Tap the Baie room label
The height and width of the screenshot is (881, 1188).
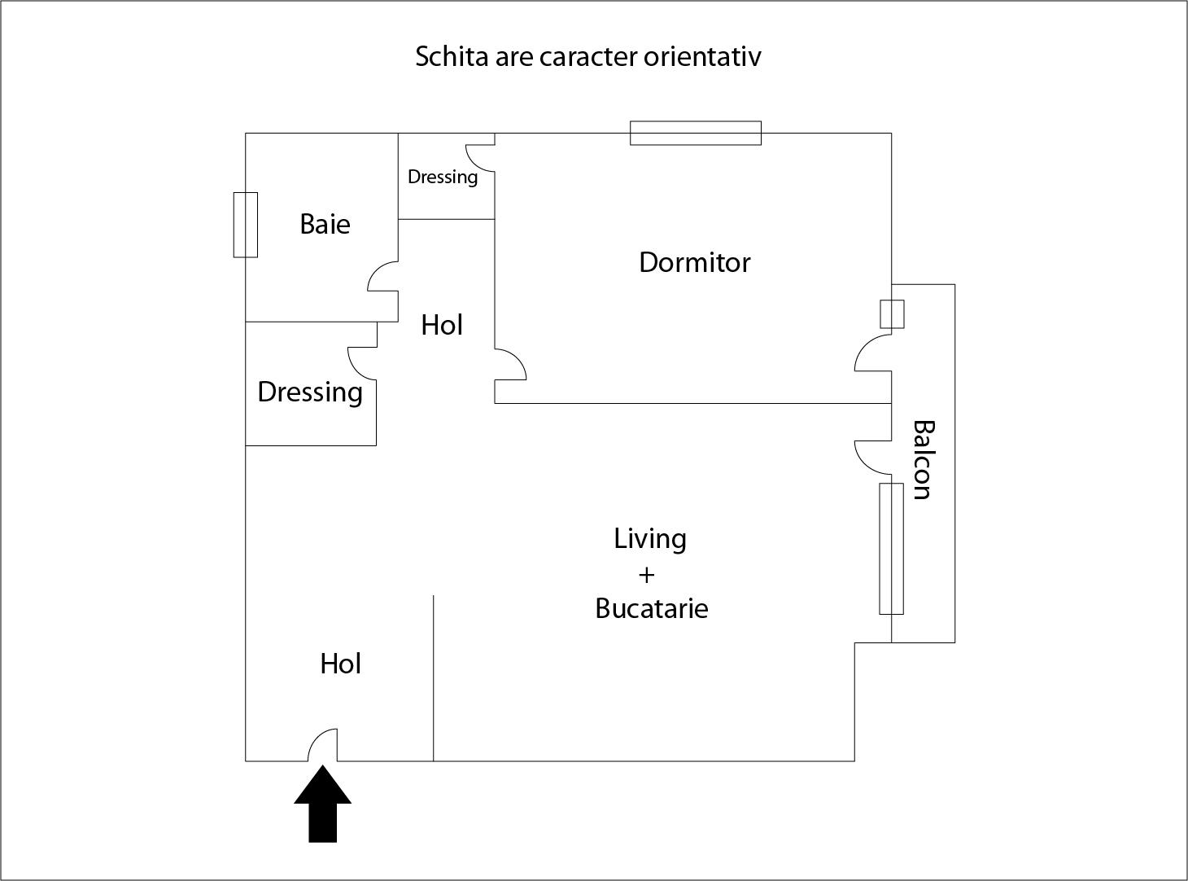pyautogui.click(x=325, y=224)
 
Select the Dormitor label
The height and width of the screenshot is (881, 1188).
pyautogui.click(x=694, y=262)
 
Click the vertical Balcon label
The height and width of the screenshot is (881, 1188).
pyautogui.click(x=922, y=459)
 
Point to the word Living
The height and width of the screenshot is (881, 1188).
pyautogui.click(x=649, y=539)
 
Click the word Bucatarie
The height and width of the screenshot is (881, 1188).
pyautogui.click(x=651, y=608)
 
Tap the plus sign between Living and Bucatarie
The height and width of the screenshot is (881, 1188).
pyautogui.click(x=647, y=575)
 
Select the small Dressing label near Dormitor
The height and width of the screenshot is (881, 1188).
pyautogui.click(x=442, y=177)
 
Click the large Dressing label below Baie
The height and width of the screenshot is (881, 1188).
pyautogui.click(x=309, y=392)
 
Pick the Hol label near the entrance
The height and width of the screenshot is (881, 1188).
pyautogui.click(x=340, y=664)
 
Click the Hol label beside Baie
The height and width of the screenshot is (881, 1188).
pyautogui.click(x=442, y=325)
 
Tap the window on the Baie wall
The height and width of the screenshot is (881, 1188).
pyautogui.click(x=246, y=225)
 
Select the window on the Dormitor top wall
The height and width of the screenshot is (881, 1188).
pyautogui.click(x=696, y=133)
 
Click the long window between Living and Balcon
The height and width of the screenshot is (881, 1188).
pyautogui.click(x=891, y=548)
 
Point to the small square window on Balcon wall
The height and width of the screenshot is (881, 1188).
pyautogui.click(x=892, y=314)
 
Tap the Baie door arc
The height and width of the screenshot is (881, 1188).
pyautogui.click(x=382, y=276)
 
